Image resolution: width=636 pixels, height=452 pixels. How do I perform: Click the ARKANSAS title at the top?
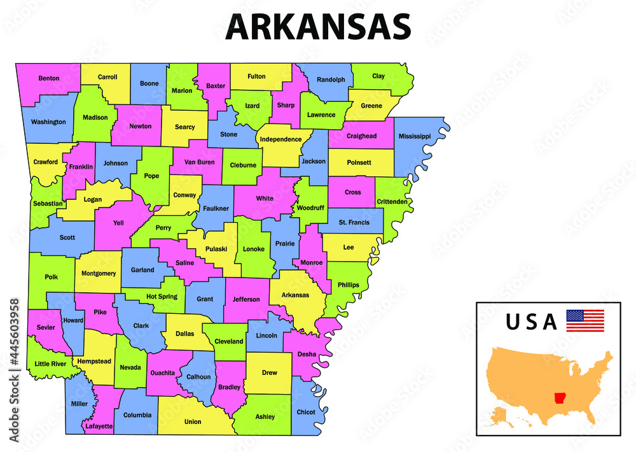(x=318, y=27)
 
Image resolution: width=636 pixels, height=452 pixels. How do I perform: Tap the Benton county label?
(x=49, y=78)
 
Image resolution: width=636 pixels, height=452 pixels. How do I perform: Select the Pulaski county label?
(x=216, y=250)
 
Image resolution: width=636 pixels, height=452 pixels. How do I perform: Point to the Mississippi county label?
(x=415, y=136)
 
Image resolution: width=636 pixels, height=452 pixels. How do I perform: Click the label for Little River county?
(x=50, y=364)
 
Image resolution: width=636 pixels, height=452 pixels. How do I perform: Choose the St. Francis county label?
(x=354, y=222)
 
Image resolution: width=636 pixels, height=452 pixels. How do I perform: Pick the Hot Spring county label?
(x=162, y=297)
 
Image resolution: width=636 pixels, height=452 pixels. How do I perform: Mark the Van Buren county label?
(x=200, y=162)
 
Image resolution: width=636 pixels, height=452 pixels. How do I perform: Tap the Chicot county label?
(x=306, y=412)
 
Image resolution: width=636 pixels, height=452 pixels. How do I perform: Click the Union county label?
(x=193, y=421)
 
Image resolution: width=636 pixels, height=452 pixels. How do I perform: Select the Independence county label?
(x=280, y=139)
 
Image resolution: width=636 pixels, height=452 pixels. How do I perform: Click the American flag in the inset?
(x=585, y=320)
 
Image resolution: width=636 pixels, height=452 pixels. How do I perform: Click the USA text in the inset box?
(x=532, y=322)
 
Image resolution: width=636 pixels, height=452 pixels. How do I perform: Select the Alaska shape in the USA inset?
(x=499, y=417)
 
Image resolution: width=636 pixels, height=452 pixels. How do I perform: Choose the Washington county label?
(x=48, y=122)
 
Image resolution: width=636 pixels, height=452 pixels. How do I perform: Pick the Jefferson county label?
(x=246, y=299)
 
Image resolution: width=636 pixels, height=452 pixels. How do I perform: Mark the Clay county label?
(x=378, y=76)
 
